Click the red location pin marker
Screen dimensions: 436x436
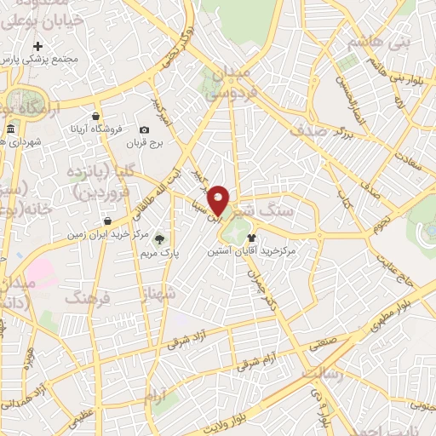(219, 199)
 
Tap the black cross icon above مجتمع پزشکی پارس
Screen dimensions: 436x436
(37, 46)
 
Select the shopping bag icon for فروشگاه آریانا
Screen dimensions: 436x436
(95, 117)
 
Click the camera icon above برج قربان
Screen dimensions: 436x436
(144, 129)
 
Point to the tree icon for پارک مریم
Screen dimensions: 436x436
(159, 239)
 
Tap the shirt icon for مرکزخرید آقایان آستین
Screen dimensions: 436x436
(251, 239)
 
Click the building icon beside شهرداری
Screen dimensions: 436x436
(9, 129)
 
